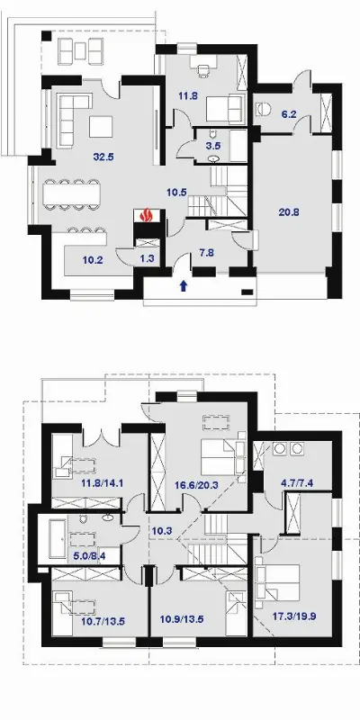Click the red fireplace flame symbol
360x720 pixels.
(147, 215)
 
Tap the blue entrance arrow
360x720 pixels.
(184, 286)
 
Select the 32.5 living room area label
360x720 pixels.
(103, 157)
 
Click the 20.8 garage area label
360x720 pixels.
(289, 211)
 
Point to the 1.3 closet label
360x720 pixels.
(147, 259)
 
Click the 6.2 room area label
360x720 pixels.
(289, 114)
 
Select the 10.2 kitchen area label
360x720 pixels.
(93, 260)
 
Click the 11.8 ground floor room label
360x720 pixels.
(188, 96)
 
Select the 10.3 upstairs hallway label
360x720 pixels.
(161, 531)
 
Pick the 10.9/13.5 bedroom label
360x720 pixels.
(182, 619)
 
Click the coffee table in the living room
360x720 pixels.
(101, 127)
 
